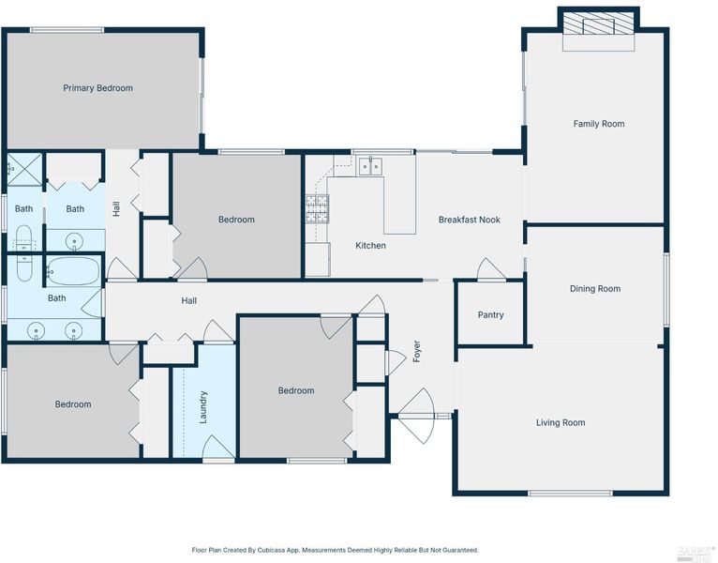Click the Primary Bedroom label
click(98, 88)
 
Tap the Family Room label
click(598, 124)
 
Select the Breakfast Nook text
click(470, 220)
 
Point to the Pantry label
click(490, 315)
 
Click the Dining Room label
click(595, 289)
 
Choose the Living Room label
click(561, 422)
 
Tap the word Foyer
click(417, 351)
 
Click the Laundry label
click(203, 407)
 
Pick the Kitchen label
click(370, 246)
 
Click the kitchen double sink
click(370, 165)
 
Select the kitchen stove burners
click(317, 209)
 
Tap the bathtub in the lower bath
click(73, 271)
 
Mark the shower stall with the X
click(24, 169)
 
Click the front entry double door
click(416, 416)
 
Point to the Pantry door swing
click(491, 268)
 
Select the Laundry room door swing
click(218, 447)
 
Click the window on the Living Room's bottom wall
click(570, 494)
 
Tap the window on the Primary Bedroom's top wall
click(67, 30)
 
